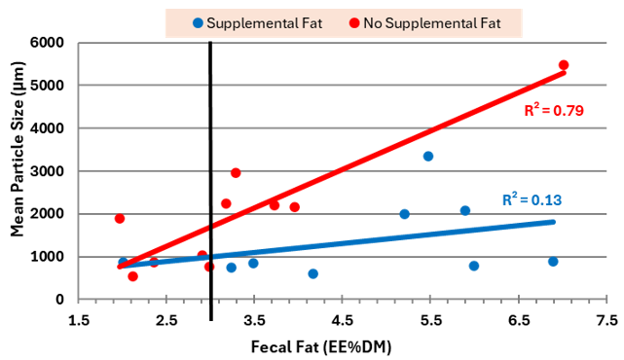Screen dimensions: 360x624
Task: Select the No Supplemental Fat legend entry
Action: tap(424, 22)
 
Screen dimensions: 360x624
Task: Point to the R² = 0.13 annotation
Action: tap(533, 200)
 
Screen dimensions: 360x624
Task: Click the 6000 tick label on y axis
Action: tap(50, 43)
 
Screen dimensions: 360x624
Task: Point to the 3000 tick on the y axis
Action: tap(50, 171)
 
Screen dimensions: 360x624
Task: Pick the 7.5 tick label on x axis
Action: tap(606, 319)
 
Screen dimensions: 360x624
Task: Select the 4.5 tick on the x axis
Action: tap(343, 319)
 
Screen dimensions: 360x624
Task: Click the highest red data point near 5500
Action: tap(564, 65)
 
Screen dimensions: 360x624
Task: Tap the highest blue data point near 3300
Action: tap(428, 157)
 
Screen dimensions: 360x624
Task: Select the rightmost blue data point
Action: tap(553, 262)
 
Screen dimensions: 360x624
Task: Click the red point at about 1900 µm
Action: tap(120, 219)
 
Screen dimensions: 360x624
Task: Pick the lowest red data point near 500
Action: tap(133, 276)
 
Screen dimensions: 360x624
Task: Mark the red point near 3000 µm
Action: tap(237, 173)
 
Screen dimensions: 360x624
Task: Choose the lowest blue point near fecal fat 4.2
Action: tap(313, 274)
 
